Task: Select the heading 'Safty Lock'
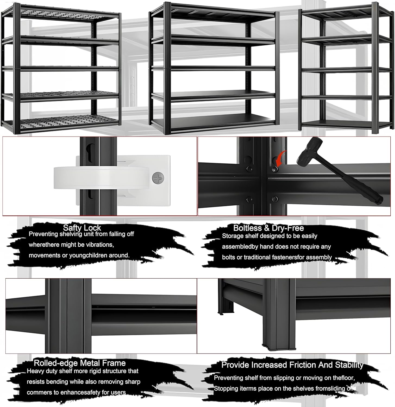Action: click(82, 228)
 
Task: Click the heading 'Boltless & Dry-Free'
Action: click(268, 228)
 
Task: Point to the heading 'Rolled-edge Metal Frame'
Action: click(80, 363)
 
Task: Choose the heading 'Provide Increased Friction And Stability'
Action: click(292, 365)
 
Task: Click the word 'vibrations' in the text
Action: click(100, 245)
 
